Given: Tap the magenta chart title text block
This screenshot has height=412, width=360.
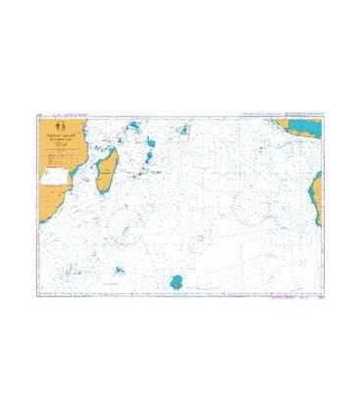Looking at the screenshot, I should tap(77, 137).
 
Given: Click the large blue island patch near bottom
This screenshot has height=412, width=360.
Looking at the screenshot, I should tap(177, 283).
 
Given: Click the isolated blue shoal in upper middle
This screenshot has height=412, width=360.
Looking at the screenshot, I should tap(182, 129).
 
